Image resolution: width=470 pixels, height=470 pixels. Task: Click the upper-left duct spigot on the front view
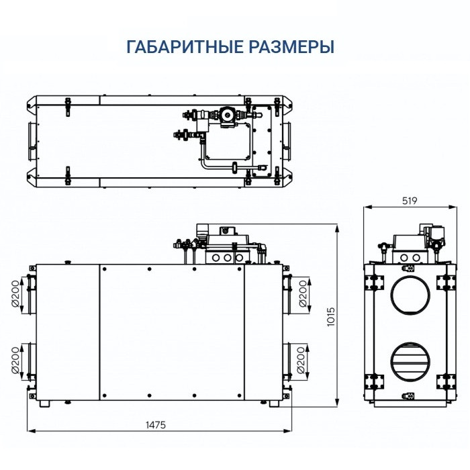[x=31, y=293]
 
